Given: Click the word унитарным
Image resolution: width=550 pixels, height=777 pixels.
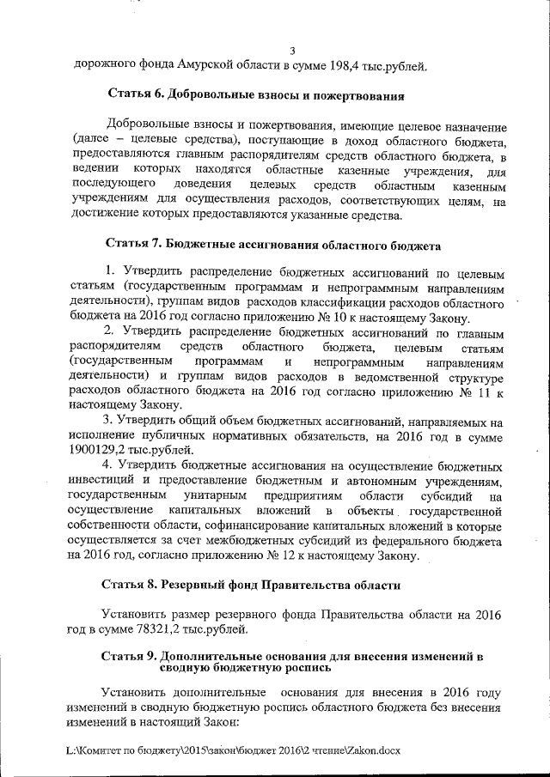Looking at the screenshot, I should (x=215, y=497).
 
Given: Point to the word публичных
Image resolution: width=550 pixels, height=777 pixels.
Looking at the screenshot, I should (x=158, y=435).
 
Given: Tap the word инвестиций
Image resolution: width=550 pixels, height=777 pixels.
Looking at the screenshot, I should (x=105, y=482).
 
